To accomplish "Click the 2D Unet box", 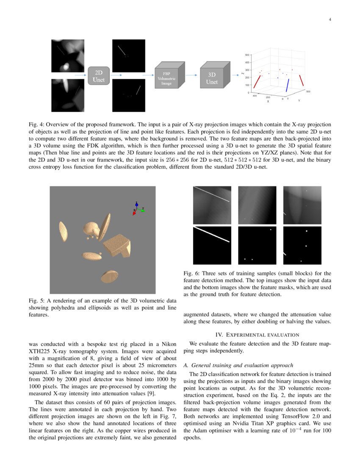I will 99,75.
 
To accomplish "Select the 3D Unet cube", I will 213,76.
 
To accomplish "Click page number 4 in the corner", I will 330,19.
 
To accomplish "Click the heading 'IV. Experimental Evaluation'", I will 258,335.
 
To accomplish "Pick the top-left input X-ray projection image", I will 68,55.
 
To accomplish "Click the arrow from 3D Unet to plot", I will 235,75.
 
